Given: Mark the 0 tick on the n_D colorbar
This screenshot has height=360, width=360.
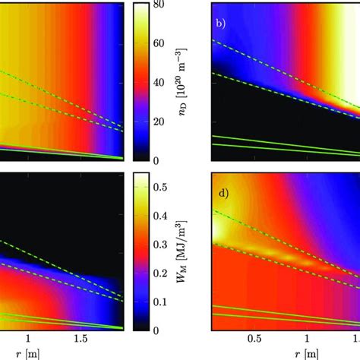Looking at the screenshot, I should click(159, 160).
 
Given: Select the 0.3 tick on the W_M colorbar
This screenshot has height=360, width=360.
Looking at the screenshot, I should click(163, 244).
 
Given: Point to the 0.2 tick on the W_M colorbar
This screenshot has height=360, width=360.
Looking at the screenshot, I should click(163, 273).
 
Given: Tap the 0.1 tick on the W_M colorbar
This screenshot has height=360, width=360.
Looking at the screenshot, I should click(163, 302).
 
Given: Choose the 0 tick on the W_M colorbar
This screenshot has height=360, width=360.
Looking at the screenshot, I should click(159, 330).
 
